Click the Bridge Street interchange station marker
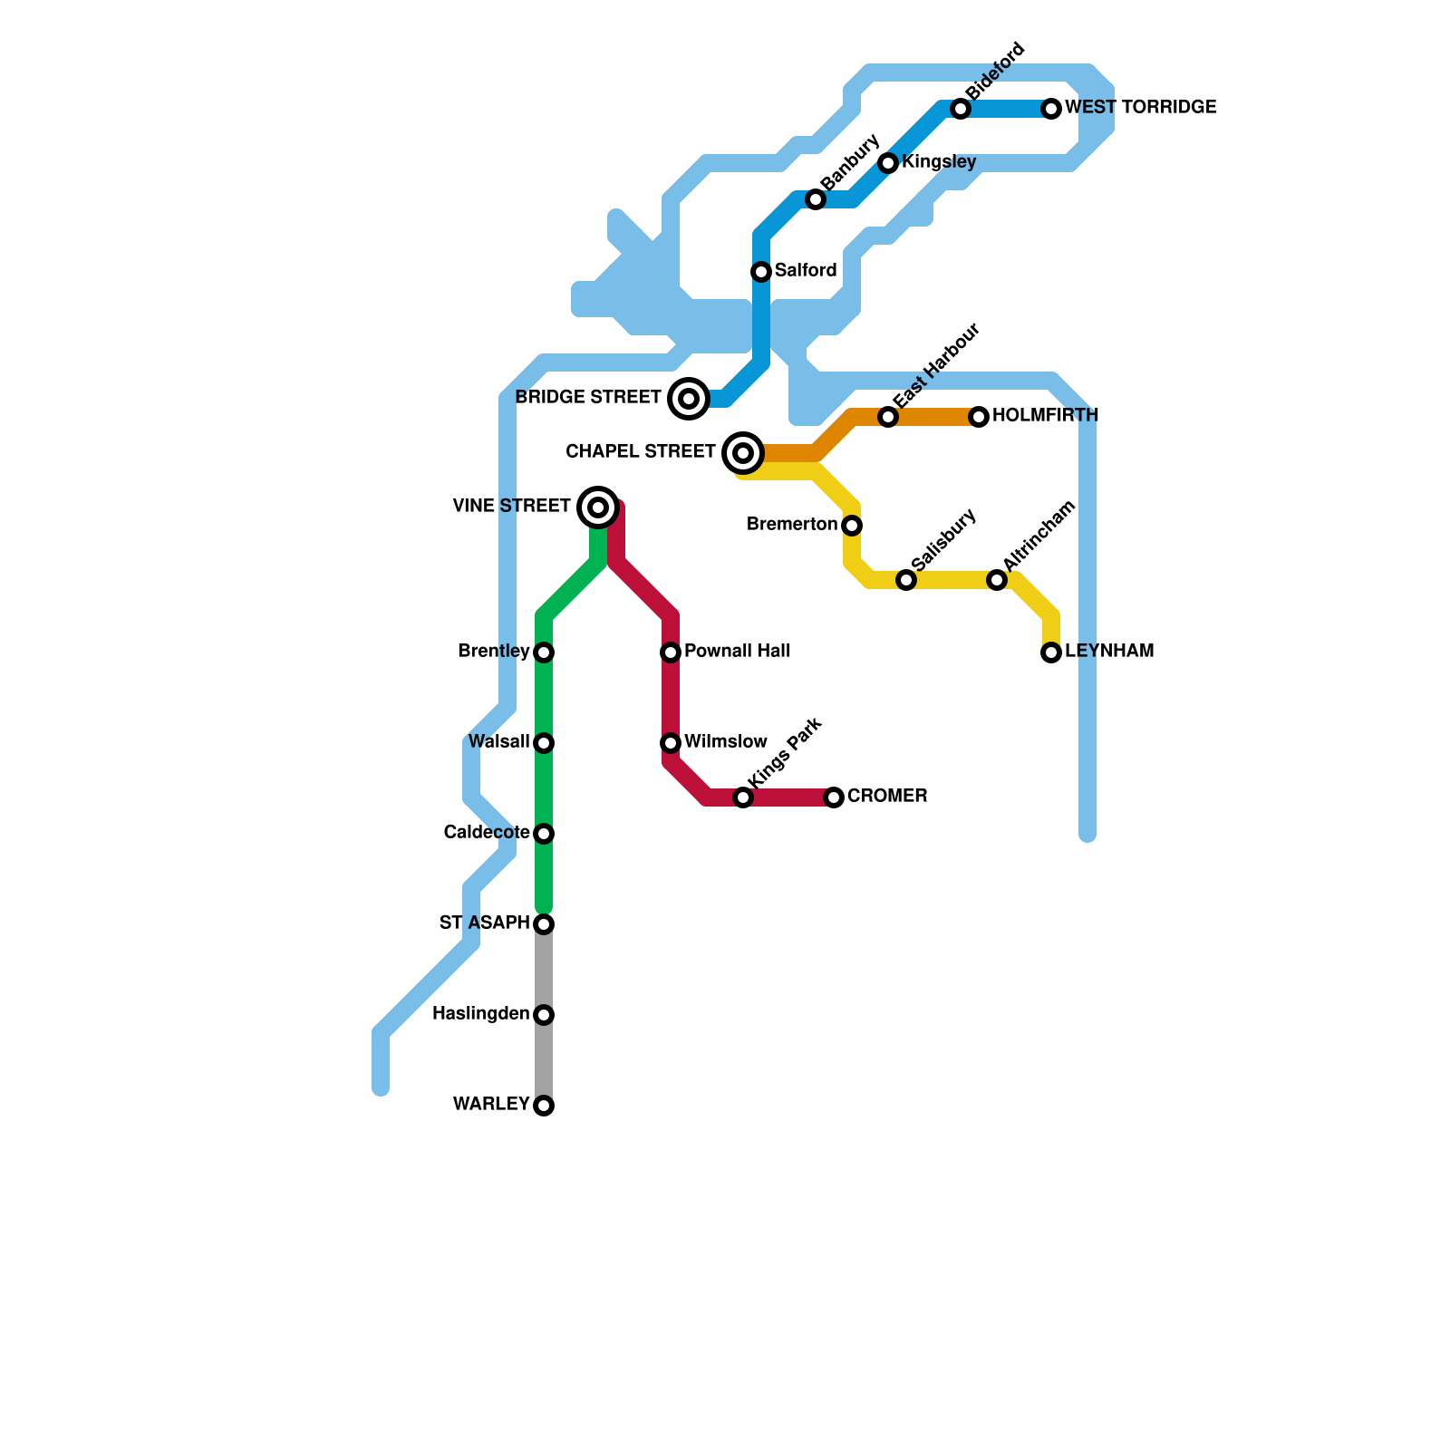(689, 399)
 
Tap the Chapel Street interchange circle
(743, 453)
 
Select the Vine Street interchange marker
(598, 507)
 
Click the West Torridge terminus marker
(1051, 109)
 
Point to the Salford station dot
(761, 272)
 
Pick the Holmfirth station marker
(979, 417)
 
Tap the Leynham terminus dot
(1051, 652)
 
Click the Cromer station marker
(834, 797)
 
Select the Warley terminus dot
(544, 1106)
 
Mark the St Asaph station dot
(544, 924)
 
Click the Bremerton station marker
(852, 526)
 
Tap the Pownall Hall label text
(738, 652)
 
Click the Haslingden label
(481, 1014)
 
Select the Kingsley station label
(939, 163)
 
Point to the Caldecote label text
(487, 833)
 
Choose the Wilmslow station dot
(671, 743)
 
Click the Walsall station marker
(544, 743)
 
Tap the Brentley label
(494, 652)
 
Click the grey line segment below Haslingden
(544, 1060)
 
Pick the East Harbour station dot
(888, 417)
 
